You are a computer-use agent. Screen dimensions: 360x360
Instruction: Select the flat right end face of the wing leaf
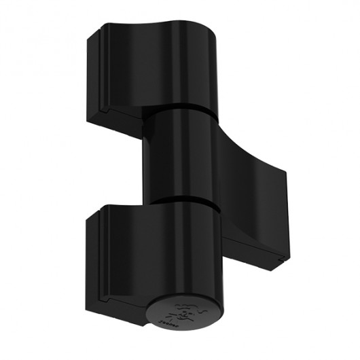284,217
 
